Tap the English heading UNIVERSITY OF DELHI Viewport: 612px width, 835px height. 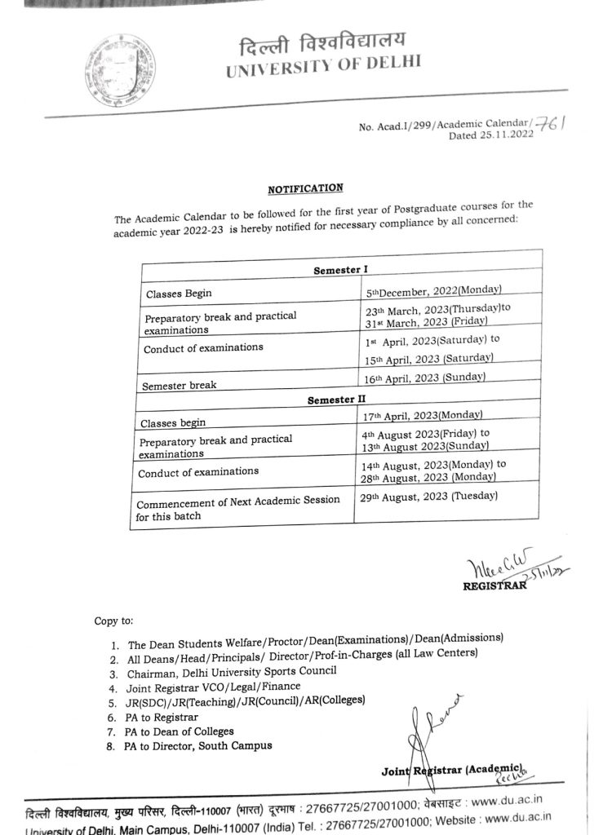click(x=324, y=67)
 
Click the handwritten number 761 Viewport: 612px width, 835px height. click(x=560, y=122)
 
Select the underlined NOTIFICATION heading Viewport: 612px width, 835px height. click(x=306, y=189)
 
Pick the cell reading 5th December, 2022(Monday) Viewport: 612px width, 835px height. click(x=432, y=289)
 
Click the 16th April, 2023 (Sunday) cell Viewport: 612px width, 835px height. click(x=424, y=378)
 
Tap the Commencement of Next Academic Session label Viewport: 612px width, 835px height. click(x=237, y=499)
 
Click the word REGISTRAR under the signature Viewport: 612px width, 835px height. click(x=493, y=582)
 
